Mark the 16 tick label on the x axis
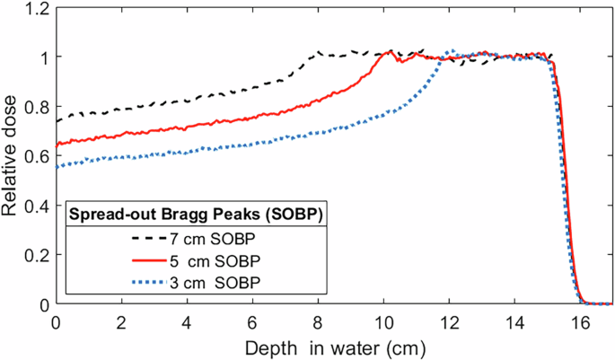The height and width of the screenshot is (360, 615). (x=581, y=320)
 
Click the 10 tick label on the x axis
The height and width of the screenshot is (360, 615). (x=384, y=320)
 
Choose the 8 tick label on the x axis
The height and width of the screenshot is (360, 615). (x=319, y=320)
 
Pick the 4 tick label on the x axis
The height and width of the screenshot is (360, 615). (x=188, y=320)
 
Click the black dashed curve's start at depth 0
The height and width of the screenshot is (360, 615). (x=57, y=121)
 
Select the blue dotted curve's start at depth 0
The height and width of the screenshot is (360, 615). (x=57, y=167)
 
